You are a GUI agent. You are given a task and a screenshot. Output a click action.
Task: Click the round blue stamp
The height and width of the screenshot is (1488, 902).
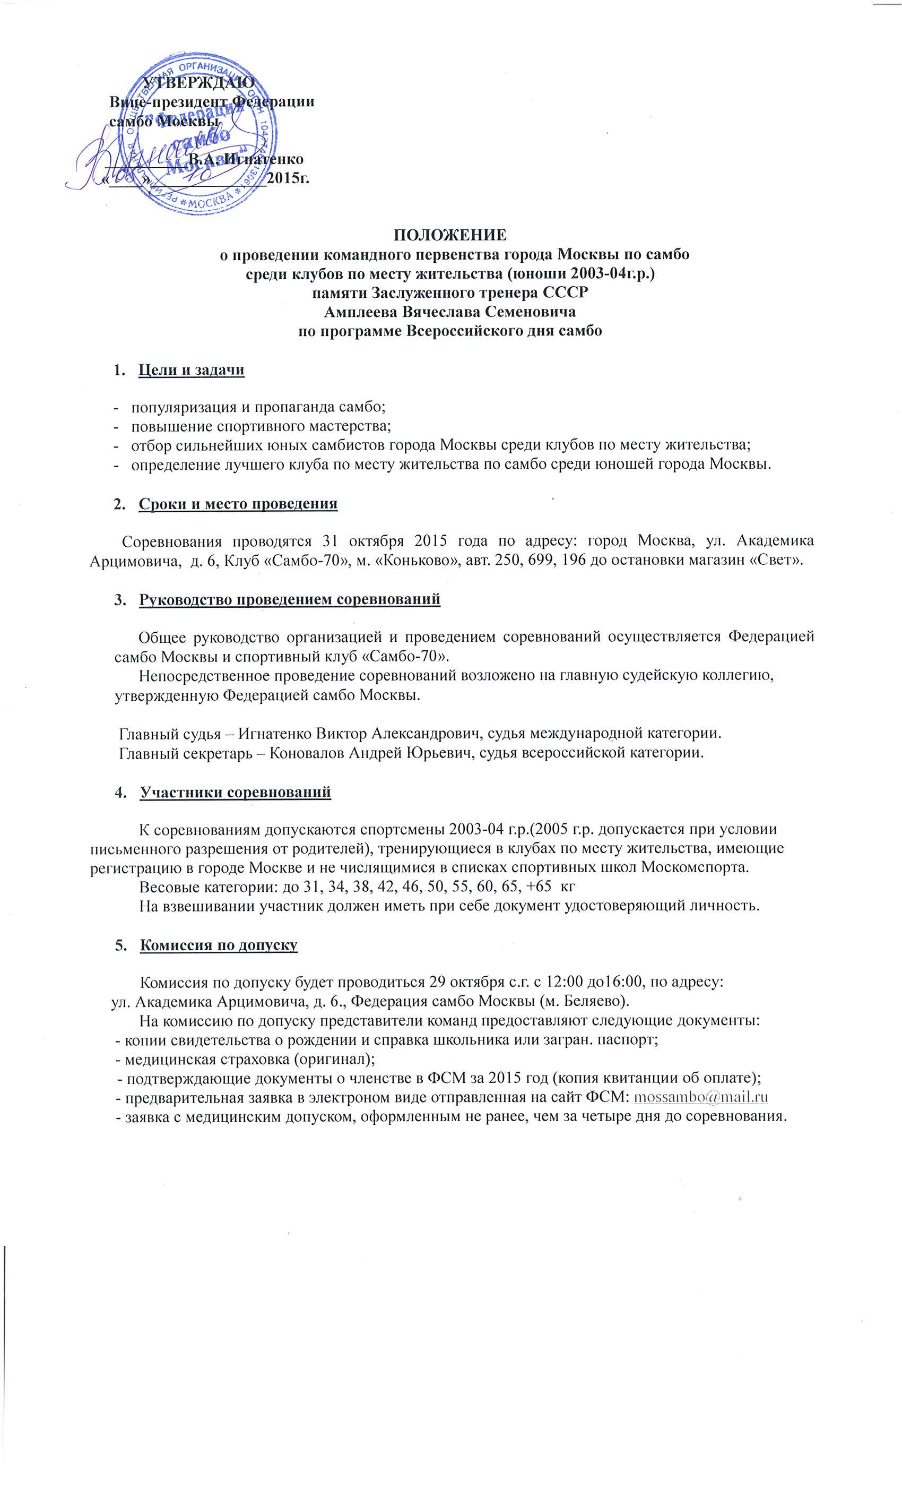pyautogui.click(x=200, y=132)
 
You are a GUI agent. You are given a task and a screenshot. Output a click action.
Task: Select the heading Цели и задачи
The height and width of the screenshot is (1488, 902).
pyautogui.click(x=191, y=369)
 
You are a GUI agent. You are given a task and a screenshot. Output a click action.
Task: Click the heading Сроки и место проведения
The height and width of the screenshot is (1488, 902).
pyautogui.click(x=237, y=504)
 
